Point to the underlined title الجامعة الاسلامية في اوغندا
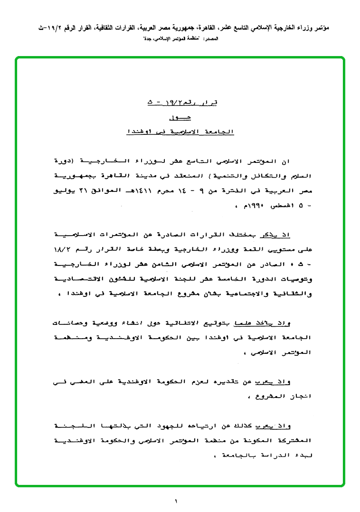(x=180, y=131)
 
